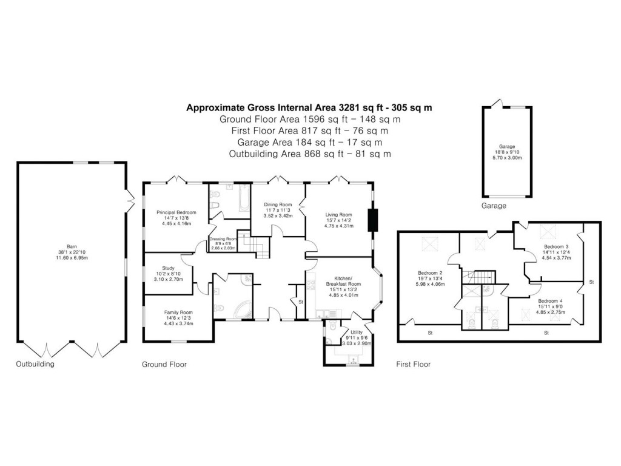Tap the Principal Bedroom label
(176, 212)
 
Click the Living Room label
(338, 215)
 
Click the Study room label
(168, 268)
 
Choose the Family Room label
(178, 312)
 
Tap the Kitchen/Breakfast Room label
(343, 280)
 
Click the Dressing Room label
(223, 239)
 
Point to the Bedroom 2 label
(431, 273)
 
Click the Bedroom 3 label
(556, 246)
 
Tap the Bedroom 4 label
(551, 301)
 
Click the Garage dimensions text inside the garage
(507, 154)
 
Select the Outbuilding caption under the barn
(35, 365)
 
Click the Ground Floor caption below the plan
(164, 365)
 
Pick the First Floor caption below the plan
(413, 365)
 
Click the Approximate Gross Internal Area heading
(309, 108)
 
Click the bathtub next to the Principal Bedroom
(243, 199)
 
